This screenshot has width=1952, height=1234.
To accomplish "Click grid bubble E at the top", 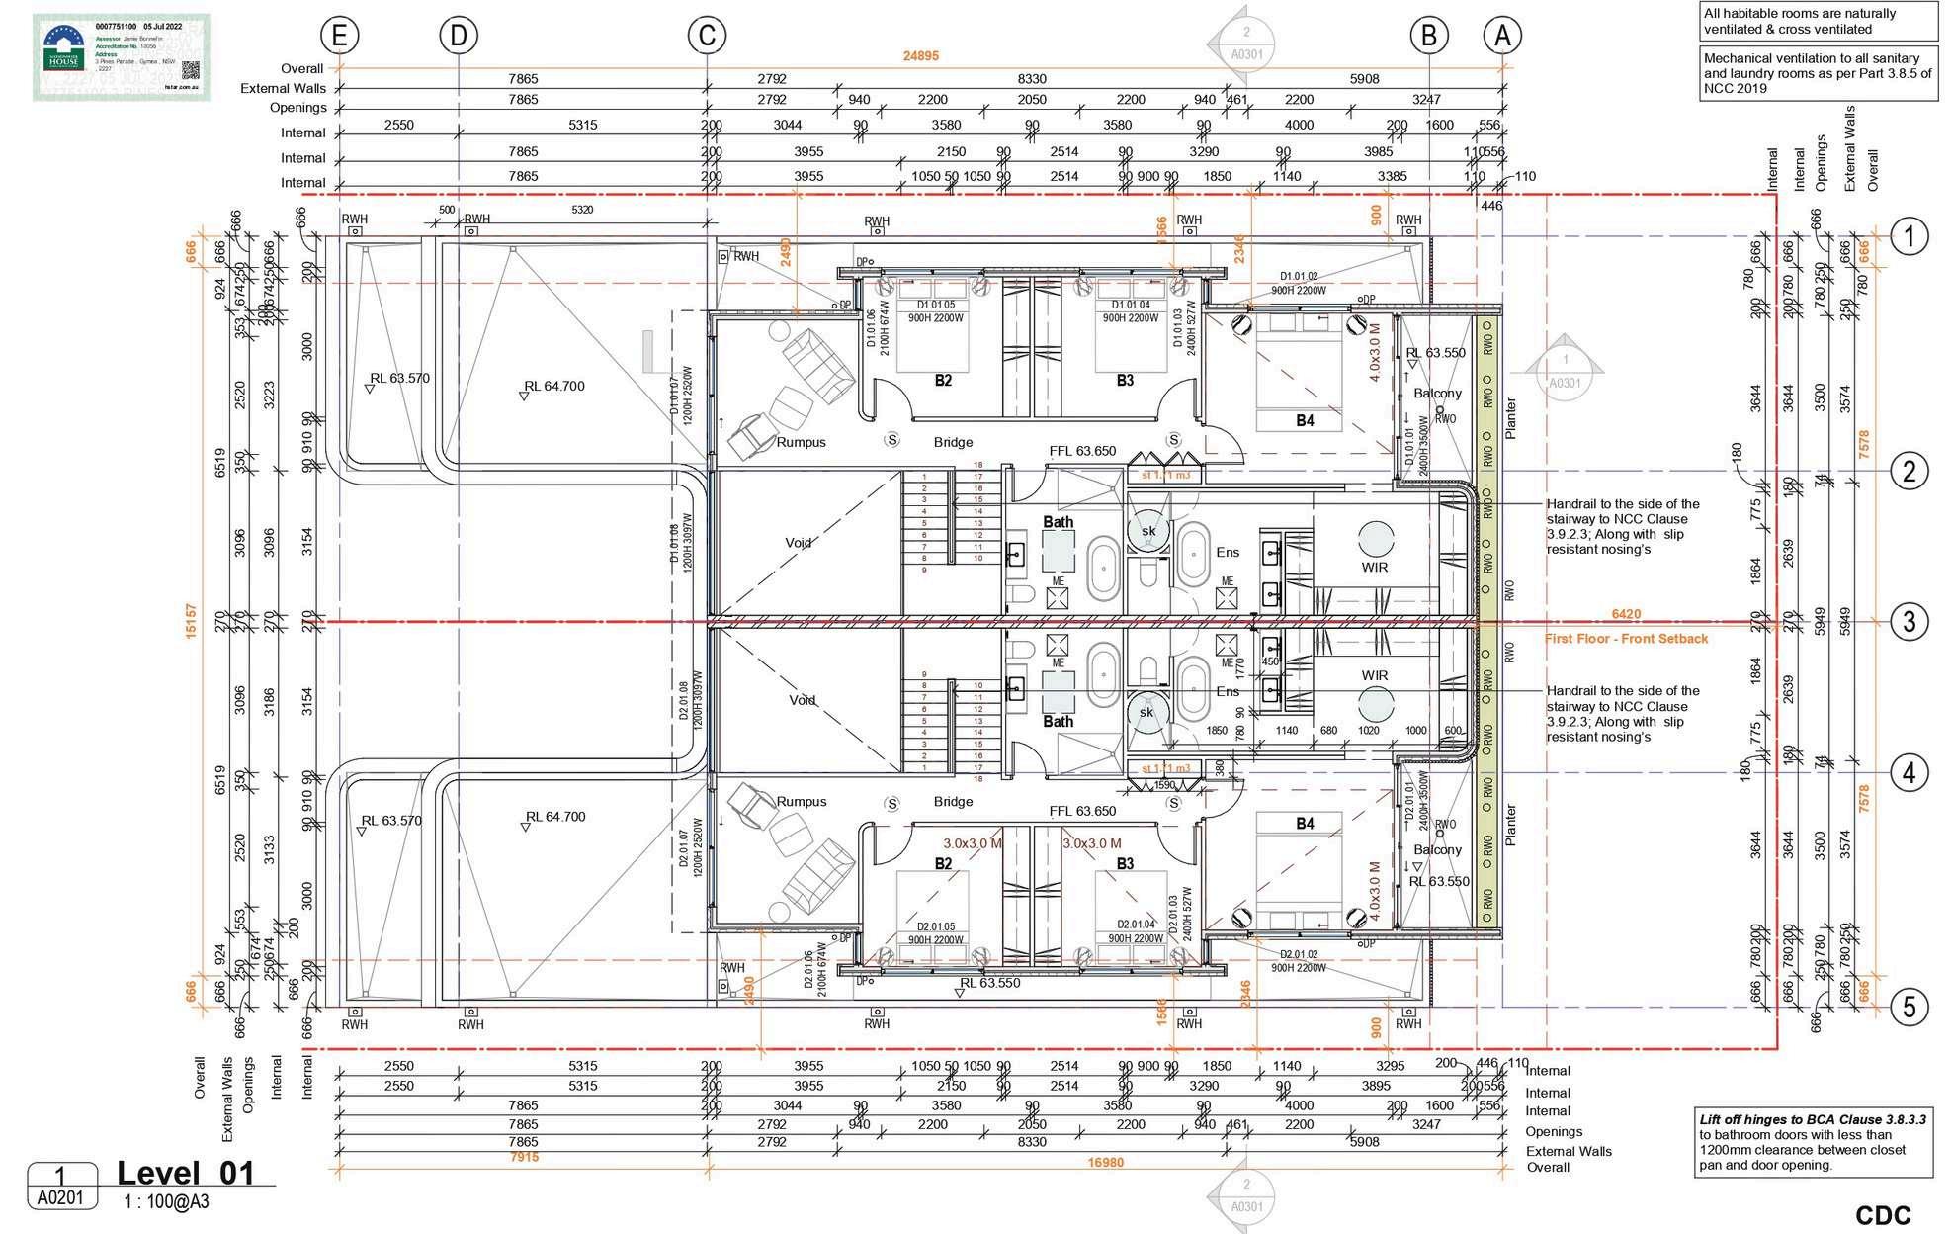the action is coord(339,37).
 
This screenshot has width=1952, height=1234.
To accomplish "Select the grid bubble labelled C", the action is coord(707,37).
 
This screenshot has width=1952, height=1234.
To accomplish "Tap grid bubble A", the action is coord(1502,37).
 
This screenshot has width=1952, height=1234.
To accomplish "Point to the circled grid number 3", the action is coord(1909,622).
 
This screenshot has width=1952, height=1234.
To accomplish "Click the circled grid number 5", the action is coord(1909,1007).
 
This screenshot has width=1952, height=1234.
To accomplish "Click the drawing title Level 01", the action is coord(186,1174).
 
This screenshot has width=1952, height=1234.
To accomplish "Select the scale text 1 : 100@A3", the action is coord(166,1202).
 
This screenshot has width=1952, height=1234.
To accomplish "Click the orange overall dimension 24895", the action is coord(921,56).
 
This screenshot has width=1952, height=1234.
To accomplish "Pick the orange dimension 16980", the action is coord(1105,1163).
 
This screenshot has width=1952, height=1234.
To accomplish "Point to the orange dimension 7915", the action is coord(524,1157).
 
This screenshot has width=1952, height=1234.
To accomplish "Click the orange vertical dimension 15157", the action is coord(192,621).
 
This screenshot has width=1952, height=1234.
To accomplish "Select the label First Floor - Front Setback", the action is coord(1626,639).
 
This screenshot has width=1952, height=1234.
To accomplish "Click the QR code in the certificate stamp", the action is coord(191,71).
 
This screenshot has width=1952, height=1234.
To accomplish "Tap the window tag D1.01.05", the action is coord(935,305).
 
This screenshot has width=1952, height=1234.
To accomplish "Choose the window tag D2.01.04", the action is coord(1135,925).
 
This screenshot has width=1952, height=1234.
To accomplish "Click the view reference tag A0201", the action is coord(61,1198).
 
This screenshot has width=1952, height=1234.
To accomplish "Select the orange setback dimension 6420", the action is coord(1626,614).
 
